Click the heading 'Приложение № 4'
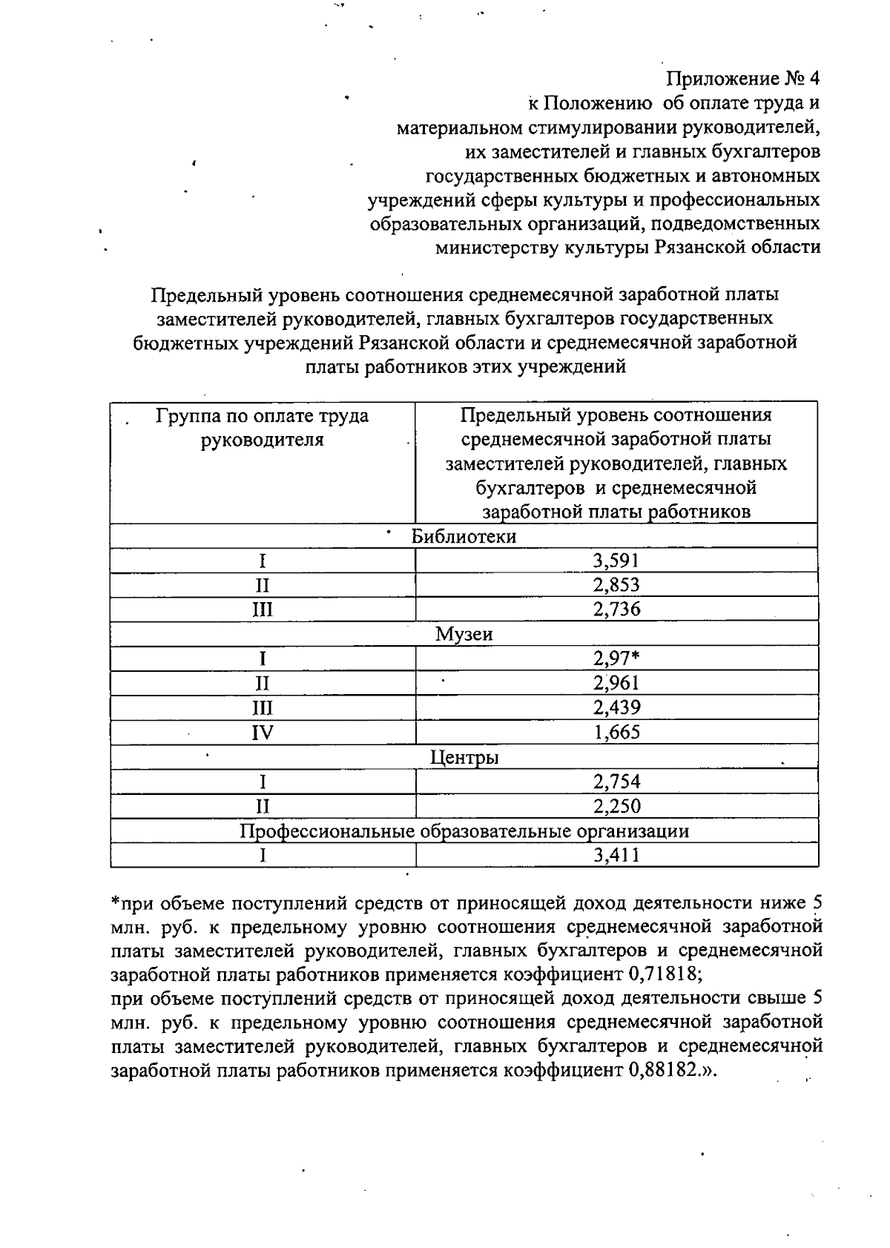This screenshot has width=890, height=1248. [742, 79]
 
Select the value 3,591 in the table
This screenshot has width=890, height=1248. [616, 560]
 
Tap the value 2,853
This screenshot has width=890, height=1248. [616, 584]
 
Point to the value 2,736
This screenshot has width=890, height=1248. [616, 610]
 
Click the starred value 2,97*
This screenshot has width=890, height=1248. [616, 658]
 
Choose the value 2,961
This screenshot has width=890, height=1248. [616, 683]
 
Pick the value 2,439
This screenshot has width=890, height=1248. [616, 707]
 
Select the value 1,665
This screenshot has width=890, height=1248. [616, 733]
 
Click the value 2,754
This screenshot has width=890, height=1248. [616, 782]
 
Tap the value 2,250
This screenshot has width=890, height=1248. [616, 806]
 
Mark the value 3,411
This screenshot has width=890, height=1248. [616, 856]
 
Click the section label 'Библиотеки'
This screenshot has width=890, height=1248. [464, 536]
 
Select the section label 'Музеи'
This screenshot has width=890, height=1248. [464, 634]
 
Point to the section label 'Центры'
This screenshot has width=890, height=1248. [464, 757]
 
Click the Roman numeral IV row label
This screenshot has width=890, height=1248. [263, 733]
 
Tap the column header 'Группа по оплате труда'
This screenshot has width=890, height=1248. [262, 416]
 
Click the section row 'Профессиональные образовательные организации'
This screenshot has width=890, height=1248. [464, 831]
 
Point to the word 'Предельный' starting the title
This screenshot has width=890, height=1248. [196, 295]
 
